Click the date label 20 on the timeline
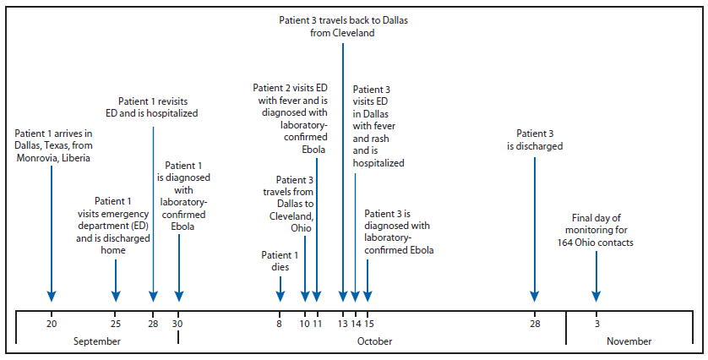point(52,323)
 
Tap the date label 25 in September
point(116,323)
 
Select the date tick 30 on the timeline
point(178,323)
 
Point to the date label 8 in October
point(280,323)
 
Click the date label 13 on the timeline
point(343,323)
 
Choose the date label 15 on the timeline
point(368,323)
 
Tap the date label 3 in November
point(596,323)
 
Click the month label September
point(98,341)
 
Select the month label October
point(373,341)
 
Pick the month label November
point(629,341)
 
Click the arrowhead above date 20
point(52,295)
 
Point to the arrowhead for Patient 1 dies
point(280,295)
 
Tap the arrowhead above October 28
point(534,295)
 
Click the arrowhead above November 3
point(596,295)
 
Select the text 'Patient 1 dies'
point(280,260)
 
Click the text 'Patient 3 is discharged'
point(534,139)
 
